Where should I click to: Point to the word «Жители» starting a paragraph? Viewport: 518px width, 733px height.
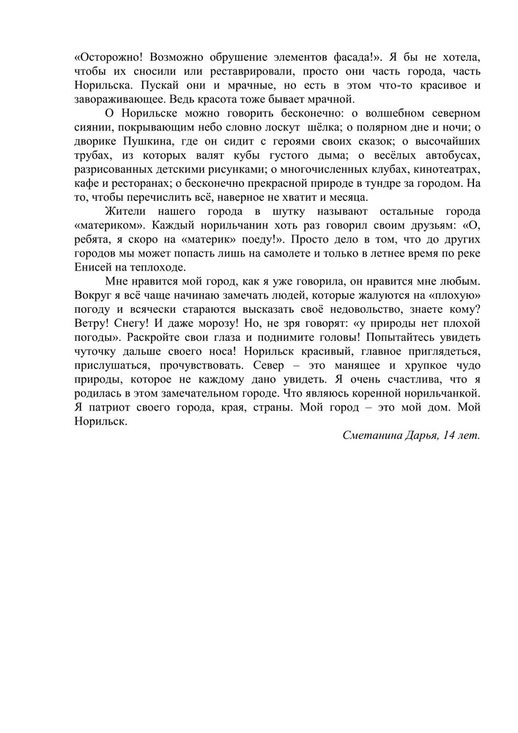(127, 210)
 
